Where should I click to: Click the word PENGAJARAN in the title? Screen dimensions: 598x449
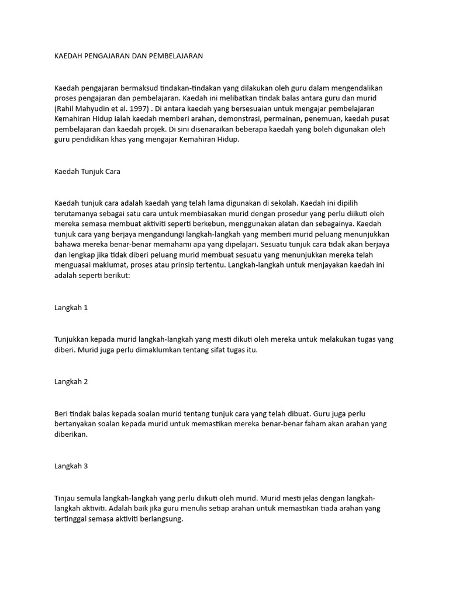(109, 57)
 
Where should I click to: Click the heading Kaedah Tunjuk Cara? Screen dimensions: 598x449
(87, 172)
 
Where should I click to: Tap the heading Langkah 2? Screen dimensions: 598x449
(71, 382)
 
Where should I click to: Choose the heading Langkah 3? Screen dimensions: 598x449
(71, 466)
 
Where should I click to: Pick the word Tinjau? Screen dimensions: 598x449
(65, 498)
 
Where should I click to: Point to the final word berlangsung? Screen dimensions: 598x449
(158, 519)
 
